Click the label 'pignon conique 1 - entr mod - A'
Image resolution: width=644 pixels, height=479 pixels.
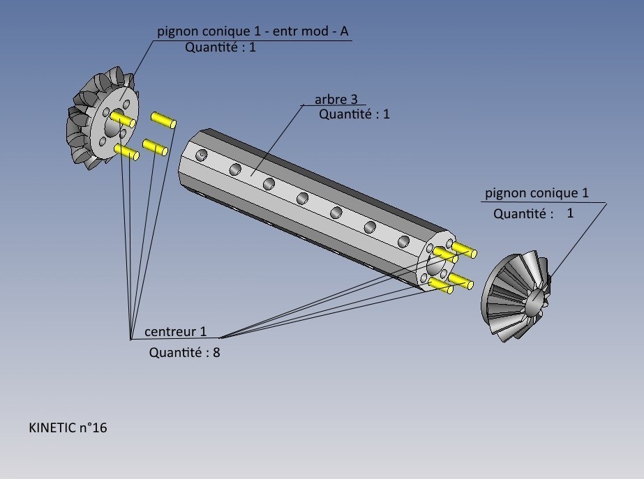tap(252, 31)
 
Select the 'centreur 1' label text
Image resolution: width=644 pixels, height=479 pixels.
tap(175, 332)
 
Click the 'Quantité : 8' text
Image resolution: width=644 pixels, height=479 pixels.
tap(184, 352)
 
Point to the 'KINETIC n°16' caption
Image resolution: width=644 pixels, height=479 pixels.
tap(68, 427)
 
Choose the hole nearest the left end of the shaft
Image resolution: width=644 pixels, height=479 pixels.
tap(202, 154)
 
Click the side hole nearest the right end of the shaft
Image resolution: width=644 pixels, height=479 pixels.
tap(403, 242)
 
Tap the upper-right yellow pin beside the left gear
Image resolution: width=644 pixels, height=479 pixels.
tap(163, 119)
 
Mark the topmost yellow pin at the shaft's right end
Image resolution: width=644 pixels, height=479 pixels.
tap(463, 248)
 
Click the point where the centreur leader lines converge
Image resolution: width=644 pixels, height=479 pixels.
tap(131, 339)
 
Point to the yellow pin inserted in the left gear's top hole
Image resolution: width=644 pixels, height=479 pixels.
tap(123, 119)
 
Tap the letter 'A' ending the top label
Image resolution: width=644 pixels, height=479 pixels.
tap(344, 31)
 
